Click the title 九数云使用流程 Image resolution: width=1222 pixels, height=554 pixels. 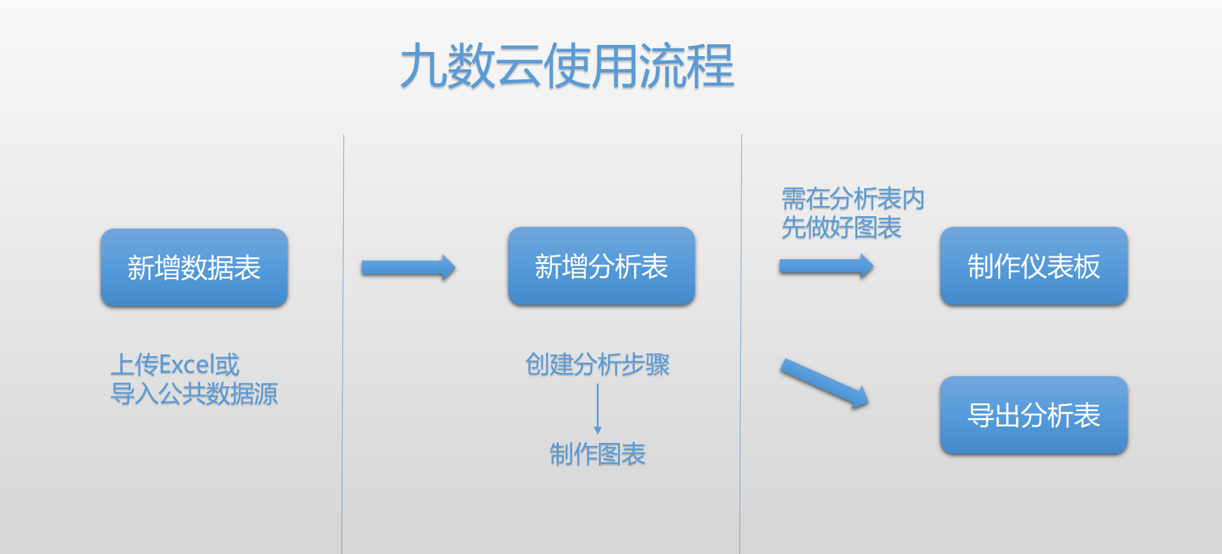point(567,66)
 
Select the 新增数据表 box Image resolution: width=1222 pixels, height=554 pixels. point(194,267)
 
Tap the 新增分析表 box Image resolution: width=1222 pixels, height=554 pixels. point(602,266)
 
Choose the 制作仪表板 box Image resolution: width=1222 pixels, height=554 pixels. point(1034,266)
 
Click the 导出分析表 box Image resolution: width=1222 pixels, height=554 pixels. point(1034,415)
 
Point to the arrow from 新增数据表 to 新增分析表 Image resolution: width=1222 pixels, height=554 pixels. point(409,268)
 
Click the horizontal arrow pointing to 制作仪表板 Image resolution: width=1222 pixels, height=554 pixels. point(826,266)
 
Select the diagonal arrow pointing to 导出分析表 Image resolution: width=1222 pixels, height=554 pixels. point(825,384)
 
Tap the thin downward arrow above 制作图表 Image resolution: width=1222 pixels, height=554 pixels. point(597,409)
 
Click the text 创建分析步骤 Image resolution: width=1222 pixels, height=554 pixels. point(597,364)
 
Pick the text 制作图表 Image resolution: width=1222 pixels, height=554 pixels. point(597,454)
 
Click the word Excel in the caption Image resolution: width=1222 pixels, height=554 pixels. point(187,364)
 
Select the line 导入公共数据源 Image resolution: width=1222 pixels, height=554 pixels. point(194,393)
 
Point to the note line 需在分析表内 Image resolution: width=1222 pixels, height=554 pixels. point(853,198)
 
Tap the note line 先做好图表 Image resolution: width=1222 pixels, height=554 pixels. point(841,227)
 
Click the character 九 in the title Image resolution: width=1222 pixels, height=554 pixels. point(424,66)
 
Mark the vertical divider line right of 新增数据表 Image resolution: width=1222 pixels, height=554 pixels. point(343,344)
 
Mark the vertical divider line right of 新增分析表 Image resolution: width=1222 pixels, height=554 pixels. point(741,344)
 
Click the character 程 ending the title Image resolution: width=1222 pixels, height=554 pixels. point(711,66)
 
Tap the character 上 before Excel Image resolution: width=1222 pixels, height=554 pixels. point(123,364)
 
